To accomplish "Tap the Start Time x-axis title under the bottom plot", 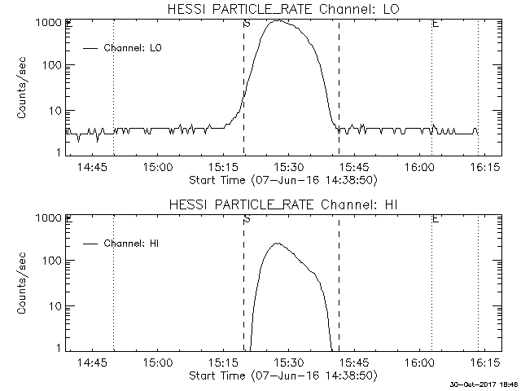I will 281,375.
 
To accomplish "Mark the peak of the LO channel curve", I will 278,20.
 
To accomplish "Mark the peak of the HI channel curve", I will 276,243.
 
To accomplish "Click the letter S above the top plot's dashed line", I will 246,23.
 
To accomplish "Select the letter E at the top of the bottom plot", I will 435,218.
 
